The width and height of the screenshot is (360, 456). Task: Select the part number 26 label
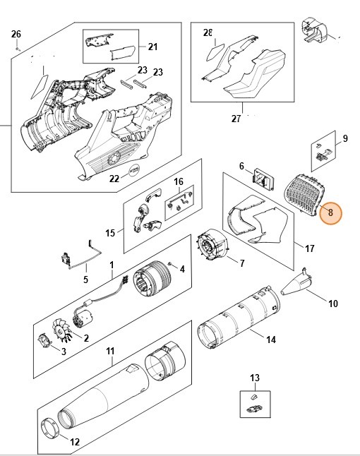click(x=17, y=35)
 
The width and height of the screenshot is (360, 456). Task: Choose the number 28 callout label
click(x=208, y=33)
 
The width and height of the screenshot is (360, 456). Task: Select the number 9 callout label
click(x=345, y=138)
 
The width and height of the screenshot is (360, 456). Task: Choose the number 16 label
click(x=179, y=182)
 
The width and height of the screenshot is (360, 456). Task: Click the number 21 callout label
click(x=153, y=47)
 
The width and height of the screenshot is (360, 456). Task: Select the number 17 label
click(x=309, y=248)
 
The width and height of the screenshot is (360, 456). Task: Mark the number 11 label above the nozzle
click(x=110, y=350)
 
